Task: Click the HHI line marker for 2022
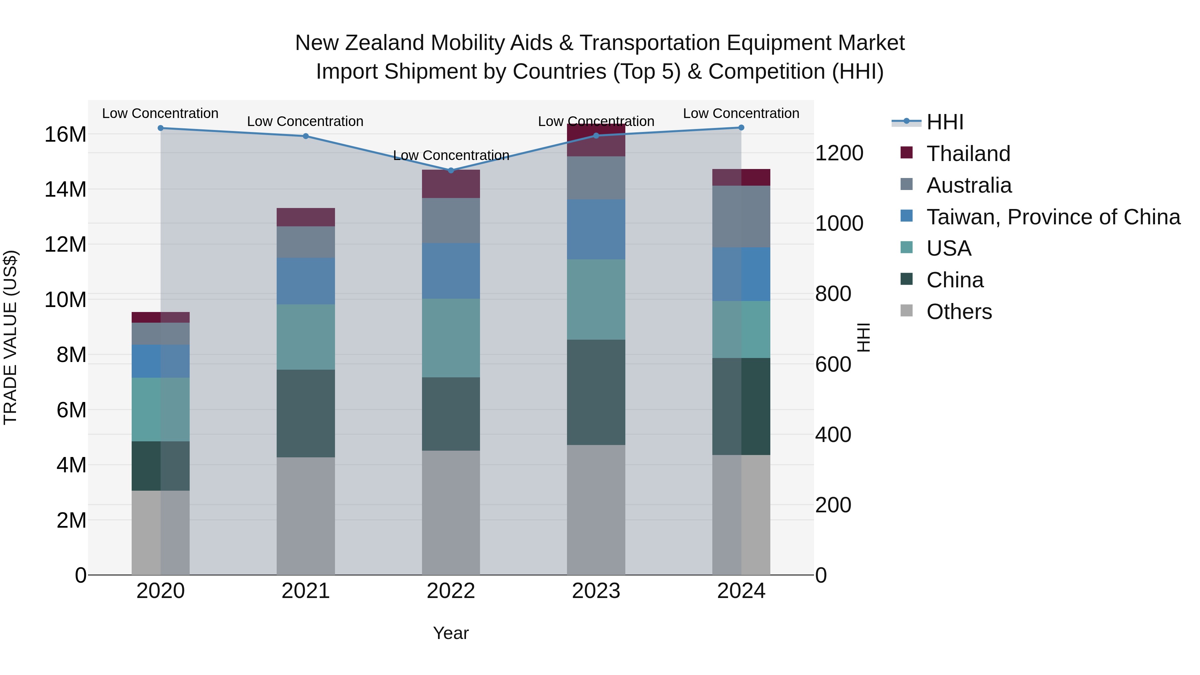click(450, 170)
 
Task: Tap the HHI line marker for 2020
click(161, 128)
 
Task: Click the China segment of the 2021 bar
click(306, 413)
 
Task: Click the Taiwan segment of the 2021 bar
click(306, 281)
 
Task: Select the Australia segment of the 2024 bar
click(741, 217)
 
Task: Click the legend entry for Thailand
click(968, 154)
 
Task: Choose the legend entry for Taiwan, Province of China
click(1053, 217)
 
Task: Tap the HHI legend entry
click(944, 122)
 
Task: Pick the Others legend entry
click(959, 312)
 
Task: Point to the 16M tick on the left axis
click(65, 135)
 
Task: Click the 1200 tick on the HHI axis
click(839, 153)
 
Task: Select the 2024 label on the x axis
click(741, 591)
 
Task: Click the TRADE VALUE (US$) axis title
click(10, 337)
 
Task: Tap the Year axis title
click(450, 633)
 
